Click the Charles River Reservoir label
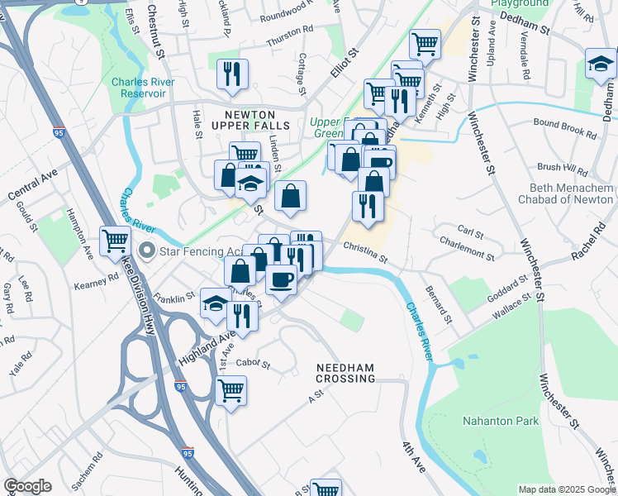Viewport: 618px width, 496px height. (140, 88)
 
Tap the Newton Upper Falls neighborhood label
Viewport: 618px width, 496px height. (250, 118)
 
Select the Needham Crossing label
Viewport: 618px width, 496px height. (345, 372)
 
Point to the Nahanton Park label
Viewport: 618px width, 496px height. (502, 421)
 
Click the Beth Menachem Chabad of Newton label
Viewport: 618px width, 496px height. (566, 193)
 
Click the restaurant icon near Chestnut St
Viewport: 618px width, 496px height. (232, 74)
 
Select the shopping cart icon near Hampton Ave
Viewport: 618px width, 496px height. (115, 241)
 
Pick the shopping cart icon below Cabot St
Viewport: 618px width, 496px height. (231, 389)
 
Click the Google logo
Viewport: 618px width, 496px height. (27, 486)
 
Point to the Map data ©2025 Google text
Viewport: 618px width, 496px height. (566, 489)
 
